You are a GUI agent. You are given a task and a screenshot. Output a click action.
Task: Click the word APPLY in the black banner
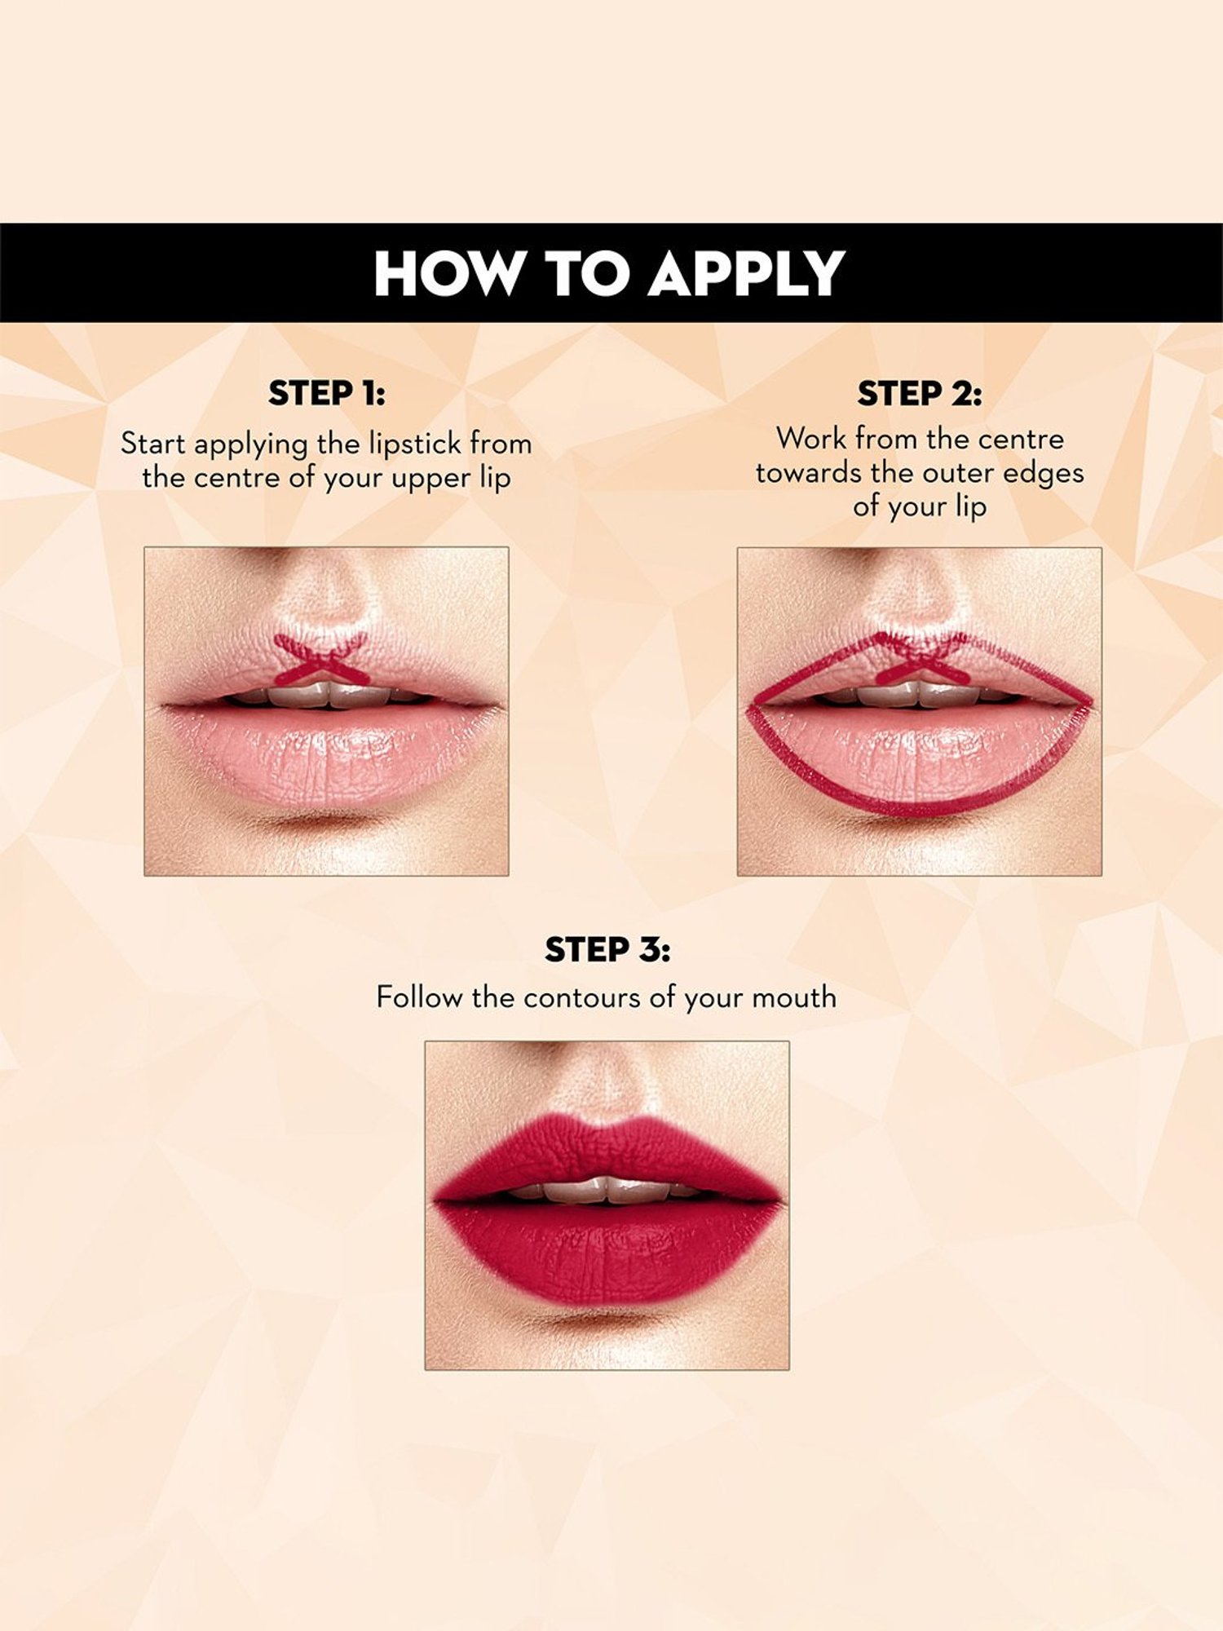pos(746,273)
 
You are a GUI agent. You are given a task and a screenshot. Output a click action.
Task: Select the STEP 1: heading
pos(326,393)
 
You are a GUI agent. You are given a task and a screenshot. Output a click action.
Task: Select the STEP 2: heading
pos(919,394)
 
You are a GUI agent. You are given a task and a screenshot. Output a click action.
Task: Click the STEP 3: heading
pos(607,950)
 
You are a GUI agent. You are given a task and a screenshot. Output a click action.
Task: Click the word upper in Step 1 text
pos(430,479)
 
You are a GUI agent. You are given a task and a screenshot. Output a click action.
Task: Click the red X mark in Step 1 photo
pos(319,659)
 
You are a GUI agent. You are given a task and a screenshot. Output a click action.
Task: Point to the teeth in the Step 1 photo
pos(326,695)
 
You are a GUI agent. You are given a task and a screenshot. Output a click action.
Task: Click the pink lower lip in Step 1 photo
pos(326,754)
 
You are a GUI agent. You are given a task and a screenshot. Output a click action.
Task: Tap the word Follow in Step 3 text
pos(419,997)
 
